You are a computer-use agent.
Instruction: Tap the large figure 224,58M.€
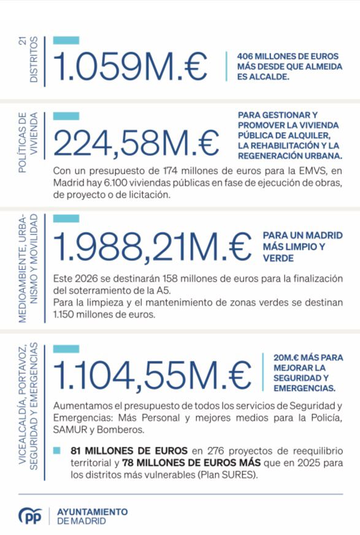[136, 142]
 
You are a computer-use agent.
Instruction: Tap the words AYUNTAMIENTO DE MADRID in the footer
[92, 516]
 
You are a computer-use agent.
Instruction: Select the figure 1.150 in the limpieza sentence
[66, 314]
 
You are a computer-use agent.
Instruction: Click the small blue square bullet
[57, 450]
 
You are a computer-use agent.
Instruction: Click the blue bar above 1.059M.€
[66, 40]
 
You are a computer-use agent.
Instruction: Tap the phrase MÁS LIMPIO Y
[294, 247]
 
